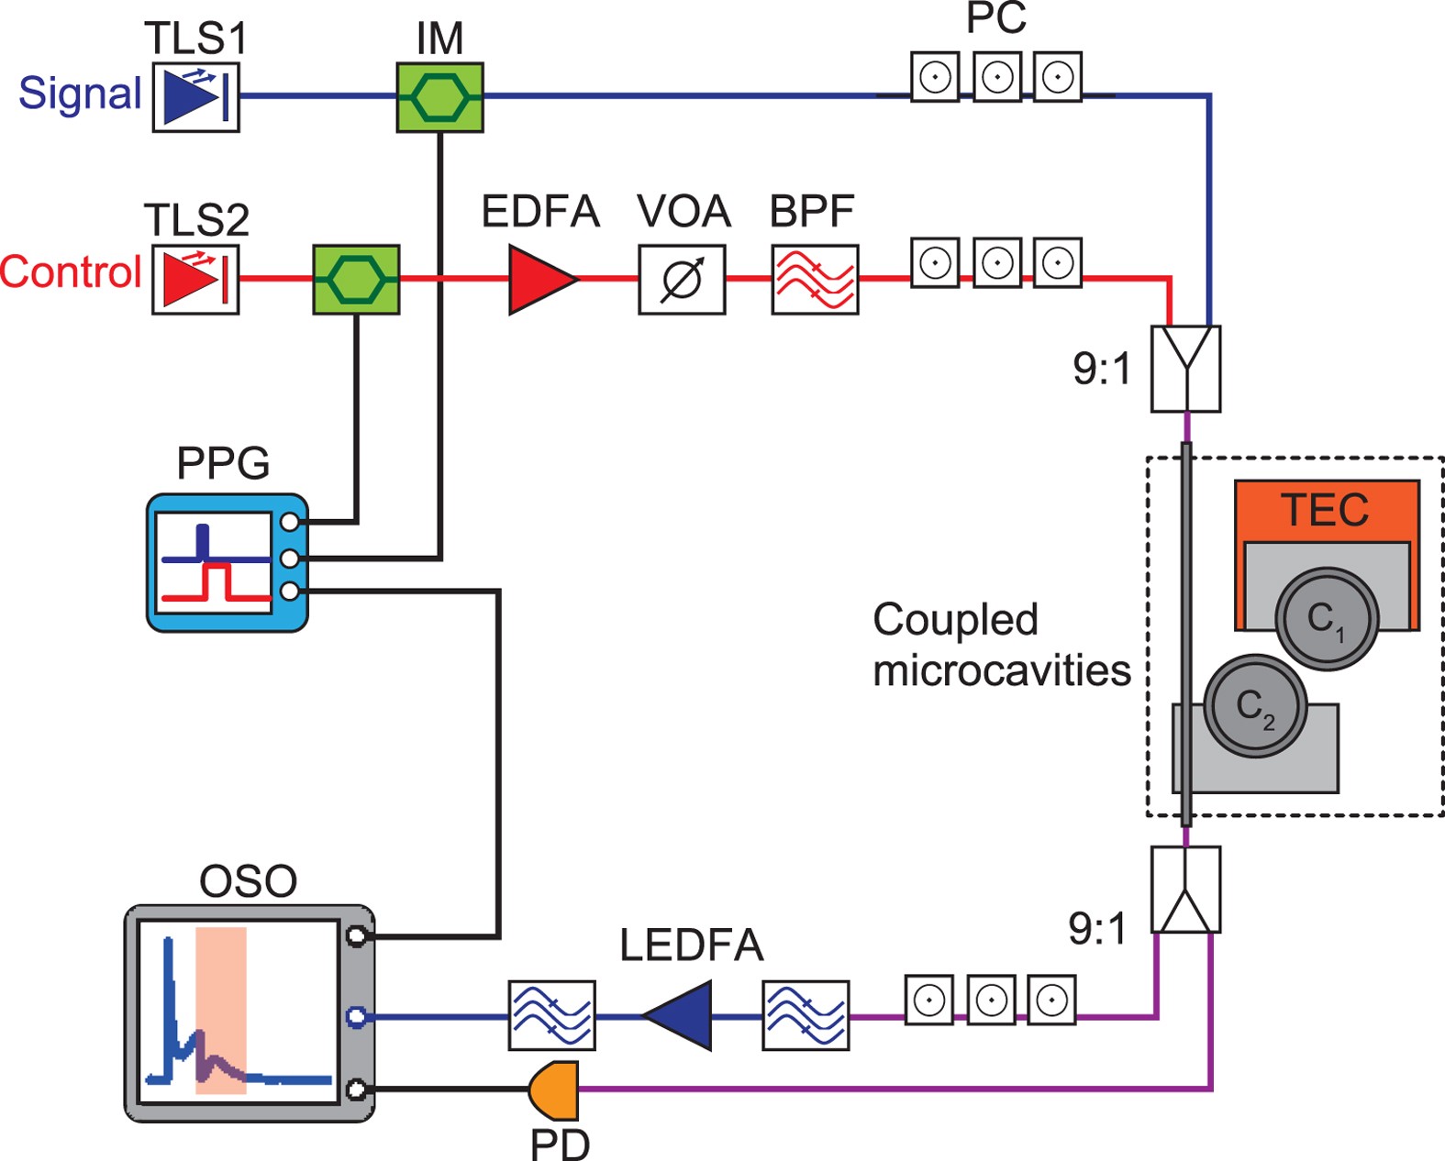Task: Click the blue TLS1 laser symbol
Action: click(x=195, y=97)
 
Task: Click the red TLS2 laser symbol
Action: click(x=195, y=279)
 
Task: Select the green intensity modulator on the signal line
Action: click(x=439, y=97)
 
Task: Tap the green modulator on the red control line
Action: click(x=356, y=279)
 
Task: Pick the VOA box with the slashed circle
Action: click(x=682, y=279)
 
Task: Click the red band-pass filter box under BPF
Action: click(x=815, y=279)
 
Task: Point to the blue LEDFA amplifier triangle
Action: click(x=680, y=1015)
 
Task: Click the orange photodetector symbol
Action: click(x=556, y=1089)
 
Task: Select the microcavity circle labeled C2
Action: click(x=1254, y=706)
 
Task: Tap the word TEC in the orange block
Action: click(x=1326, y=510)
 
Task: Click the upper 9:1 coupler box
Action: click(x=1185, y=369)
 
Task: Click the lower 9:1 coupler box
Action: click(x=1185, y=890)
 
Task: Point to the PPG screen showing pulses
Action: click(x=213, y=562)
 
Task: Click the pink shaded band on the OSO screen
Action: click(x=221, y=1009)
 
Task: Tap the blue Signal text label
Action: click(x=80, y=94)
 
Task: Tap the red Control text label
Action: click(x=71, y=272)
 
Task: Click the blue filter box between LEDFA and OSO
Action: click(x=551, y=1015)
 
